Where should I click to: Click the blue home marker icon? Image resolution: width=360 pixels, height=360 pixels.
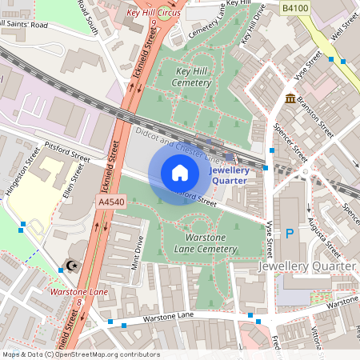click(x=180, y=172)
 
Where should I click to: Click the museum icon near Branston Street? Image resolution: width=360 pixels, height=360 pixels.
click(x=288, y=98)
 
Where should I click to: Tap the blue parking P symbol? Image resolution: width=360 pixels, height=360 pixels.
click(x=290, y=232)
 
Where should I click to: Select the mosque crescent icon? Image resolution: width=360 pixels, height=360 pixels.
click(x=70, y=265)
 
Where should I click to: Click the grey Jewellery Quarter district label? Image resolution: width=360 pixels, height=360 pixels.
click(x=307, y=265)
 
